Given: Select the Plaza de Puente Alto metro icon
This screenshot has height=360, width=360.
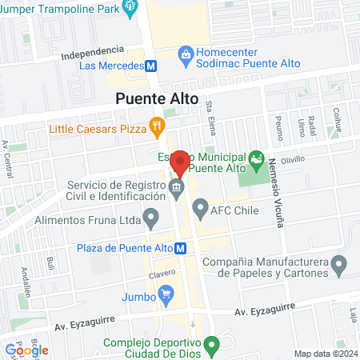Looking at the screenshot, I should coord(182,248).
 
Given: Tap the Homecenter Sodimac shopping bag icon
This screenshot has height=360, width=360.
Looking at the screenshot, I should coord(186,55).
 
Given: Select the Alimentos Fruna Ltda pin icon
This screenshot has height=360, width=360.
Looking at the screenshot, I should coord(150,218).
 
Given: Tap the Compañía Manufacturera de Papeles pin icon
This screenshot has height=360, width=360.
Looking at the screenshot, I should coord(340,263).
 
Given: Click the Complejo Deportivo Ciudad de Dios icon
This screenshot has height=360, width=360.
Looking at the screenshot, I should coord(211,346).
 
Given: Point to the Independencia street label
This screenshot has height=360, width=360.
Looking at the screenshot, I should coord(93,53).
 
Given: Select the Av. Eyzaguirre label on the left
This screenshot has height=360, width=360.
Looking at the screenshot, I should coord(84,326).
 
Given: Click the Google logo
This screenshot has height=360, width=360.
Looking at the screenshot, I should coord(26,350).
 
